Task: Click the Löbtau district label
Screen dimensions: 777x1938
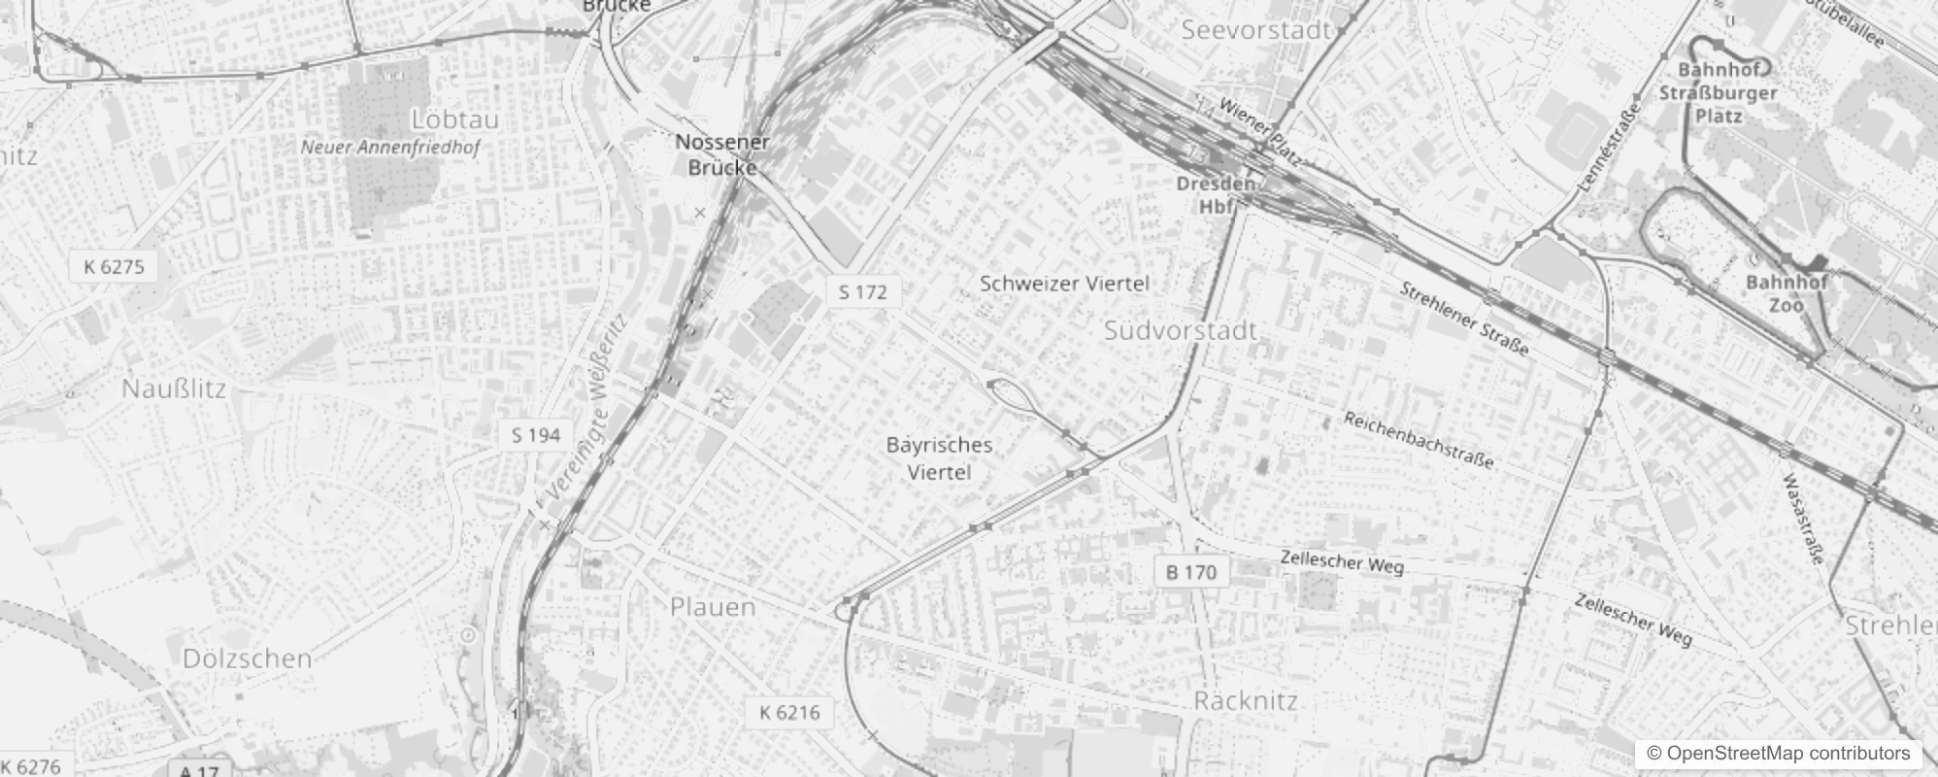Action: click(x=454, y=119)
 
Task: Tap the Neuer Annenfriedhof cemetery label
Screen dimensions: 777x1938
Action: click(x=389, y=148)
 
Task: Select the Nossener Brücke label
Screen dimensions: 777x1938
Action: click(x=722, y=154)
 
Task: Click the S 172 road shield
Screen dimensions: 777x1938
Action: click(x=863, y=291)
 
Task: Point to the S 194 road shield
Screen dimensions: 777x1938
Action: click(x=536, y=435)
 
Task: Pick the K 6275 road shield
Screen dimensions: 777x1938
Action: click(x=114, y=266)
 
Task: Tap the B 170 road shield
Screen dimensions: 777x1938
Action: click(x=1191, y=572)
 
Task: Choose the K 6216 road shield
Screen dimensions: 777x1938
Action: click(x=789, y=713)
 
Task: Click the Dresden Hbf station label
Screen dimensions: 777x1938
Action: click(x=1216, y=194)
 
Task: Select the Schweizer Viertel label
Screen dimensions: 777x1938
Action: click(x=1064, y=284)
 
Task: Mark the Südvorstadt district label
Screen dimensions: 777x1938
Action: click(x=1181, y=330)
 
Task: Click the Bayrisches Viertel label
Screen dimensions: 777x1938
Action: click(x=939, y=458)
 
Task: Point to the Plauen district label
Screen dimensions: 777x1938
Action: click(x=713, y=607)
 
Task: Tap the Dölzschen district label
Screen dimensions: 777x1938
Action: click(x=247, y=659)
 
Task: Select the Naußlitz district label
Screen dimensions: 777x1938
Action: click(x=174, y=389)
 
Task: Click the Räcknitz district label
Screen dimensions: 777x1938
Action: click(x=1246, y=700)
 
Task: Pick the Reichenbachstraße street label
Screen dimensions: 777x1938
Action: click(x=1419, y=439)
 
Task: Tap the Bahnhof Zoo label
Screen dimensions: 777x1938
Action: click(x=1787, y=293)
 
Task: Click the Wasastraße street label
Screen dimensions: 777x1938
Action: click(x=1804, y=518)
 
